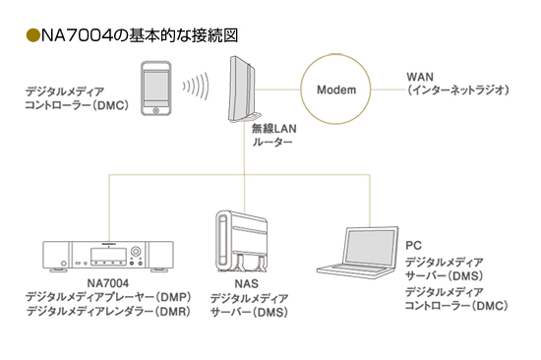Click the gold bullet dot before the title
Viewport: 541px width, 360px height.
coord(33,35)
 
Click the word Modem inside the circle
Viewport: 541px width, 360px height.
coord(336,90)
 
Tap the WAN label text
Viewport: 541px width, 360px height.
coord(420,77)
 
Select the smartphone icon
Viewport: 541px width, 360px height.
coord(156,89)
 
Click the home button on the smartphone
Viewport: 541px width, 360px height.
coord(156,110)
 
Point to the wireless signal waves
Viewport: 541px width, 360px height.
coord(196,87)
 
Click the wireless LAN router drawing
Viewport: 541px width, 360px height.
coord(244,90)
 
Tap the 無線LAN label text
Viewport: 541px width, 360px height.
coord(274,129)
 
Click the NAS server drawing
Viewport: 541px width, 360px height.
coord(242,241)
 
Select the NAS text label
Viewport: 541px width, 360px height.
coord(246,283)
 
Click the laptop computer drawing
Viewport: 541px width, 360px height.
coord(357,251)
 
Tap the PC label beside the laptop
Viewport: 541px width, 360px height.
coord(413,245)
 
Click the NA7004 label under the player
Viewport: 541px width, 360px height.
coord(108,283)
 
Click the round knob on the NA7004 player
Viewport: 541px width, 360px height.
coord(136,251)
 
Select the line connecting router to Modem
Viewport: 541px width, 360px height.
coord(278,90)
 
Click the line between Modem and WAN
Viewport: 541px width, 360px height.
coord(389,90)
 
